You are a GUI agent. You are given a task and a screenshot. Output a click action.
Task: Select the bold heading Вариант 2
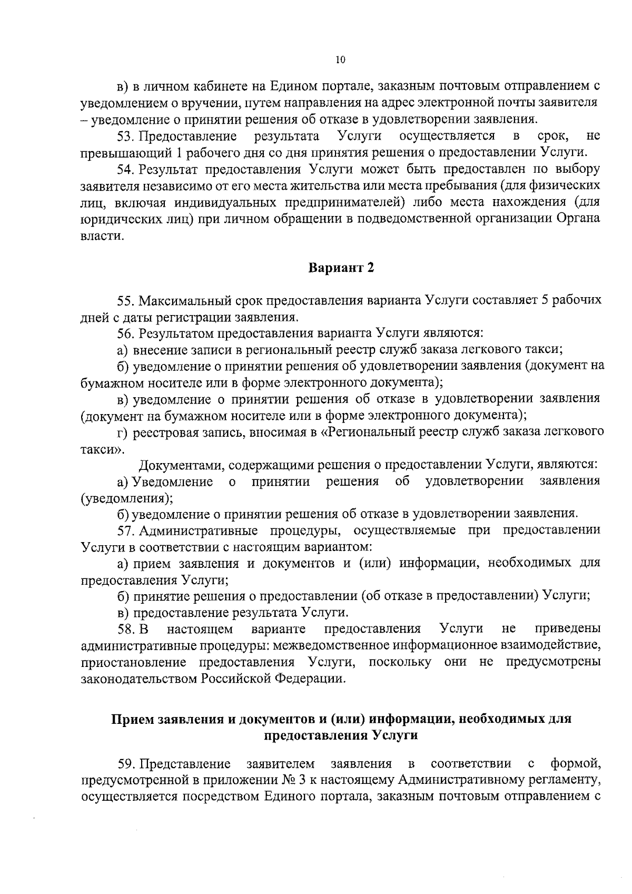tap(341, 268)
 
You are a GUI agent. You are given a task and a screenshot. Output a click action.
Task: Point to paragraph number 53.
tap(126, 137)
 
